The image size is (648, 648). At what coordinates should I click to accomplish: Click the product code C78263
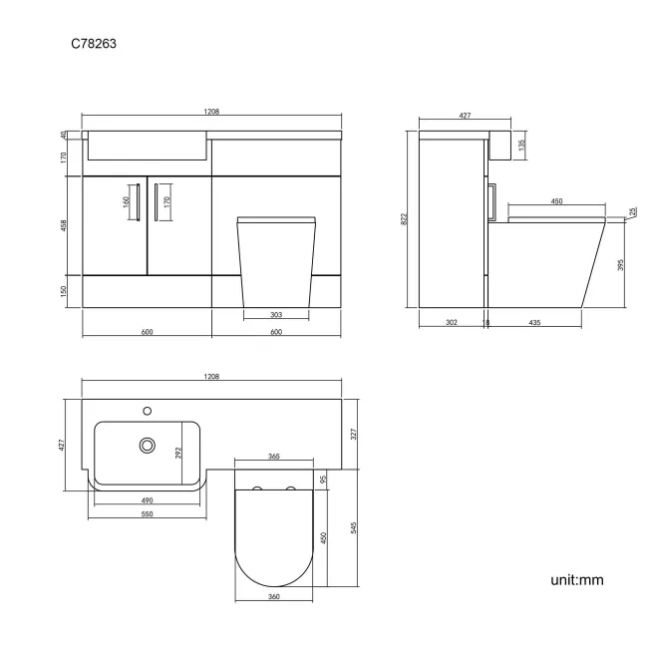pos(96,44)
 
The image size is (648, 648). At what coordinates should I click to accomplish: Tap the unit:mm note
pos(576,579)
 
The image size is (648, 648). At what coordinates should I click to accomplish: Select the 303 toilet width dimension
pos(276,314)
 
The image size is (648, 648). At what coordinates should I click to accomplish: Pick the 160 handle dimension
pos(126,201)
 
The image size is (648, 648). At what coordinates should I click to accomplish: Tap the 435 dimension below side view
pos(536,323)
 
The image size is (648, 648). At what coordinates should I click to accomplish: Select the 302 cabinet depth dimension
pos(452,323)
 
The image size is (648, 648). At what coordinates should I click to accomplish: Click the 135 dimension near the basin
pos(521,144)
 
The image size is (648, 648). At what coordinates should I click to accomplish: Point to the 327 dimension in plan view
pos(353,434)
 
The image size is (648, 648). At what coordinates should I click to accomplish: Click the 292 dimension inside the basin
pos(179,452)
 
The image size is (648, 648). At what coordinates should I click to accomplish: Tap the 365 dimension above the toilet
pos(273,457)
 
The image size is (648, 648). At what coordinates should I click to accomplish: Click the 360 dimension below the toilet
pos(273,597)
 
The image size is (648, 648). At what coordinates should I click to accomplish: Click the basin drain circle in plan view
pos(148,445)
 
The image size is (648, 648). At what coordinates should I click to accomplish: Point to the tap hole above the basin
pos(148,409)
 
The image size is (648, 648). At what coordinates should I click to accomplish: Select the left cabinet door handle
pos(138,202)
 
